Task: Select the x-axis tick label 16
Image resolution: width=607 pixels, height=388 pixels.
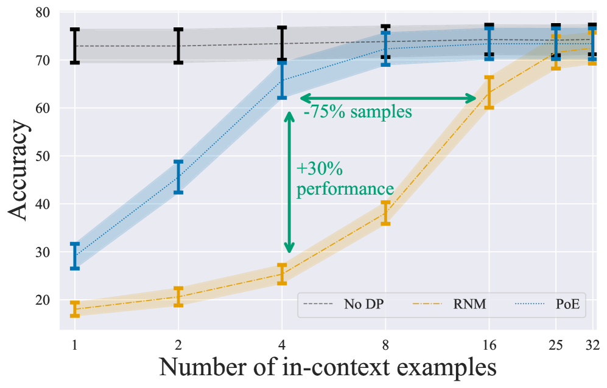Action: point(488,344)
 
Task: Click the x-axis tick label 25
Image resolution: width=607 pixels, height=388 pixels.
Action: point(555,344)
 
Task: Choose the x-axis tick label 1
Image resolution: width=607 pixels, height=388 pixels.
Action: point(75,344)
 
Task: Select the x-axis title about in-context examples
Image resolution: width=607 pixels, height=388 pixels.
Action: point(327,367)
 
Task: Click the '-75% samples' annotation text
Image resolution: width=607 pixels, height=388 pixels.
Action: point(358,113)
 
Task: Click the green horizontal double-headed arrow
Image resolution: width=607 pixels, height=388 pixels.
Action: point(388,98)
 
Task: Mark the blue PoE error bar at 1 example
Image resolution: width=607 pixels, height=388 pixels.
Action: point(75,256)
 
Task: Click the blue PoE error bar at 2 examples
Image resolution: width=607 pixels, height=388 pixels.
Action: point(178,177)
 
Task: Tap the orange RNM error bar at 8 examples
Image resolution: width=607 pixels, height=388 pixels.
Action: point(385,213)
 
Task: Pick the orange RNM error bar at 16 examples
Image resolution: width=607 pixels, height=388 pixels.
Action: point(488,92)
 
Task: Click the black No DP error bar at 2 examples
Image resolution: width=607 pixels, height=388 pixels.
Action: point(178,46)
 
